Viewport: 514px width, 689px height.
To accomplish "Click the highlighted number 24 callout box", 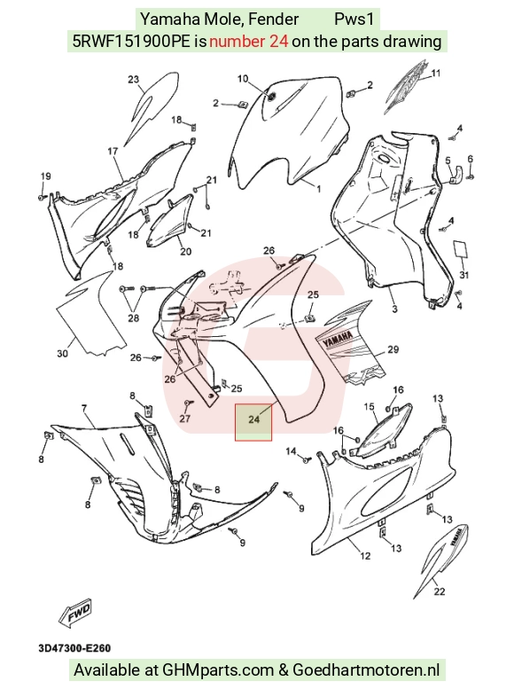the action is point(253,422).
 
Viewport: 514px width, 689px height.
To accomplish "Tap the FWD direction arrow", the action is point(75,612).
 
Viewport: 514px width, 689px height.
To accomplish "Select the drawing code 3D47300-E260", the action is point(74,647).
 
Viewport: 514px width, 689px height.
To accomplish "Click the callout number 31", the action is point(464,275).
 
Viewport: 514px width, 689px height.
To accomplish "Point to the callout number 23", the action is point(134,80).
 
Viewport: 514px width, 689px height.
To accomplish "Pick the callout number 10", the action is point(243,79).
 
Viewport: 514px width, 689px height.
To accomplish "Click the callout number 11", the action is point(435,73).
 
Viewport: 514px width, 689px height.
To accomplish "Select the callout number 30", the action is point(62,353).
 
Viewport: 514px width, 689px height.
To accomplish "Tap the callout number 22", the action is point(440,591).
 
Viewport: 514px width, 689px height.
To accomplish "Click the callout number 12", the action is point(365,556).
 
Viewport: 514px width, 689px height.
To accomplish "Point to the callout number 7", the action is point(84,409).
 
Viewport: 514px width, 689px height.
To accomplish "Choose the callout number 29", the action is point(393,349).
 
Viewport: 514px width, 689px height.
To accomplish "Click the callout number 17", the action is point(113,151).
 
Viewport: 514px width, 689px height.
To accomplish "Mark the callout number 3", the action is point(394,309).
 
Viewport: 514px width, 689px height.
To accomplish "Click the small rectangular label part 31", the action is point(461,248).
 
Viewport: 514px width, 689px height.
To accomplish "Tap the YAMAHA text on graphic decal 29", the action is point(339,340).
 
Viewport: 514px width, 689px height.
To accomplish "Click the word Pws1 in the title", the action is point(354,19).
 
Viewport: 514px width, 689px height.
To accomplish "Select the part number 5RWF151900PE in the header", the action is point(131,42).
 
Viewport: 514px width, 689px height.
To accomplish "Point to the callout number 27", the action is point(185,418).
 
